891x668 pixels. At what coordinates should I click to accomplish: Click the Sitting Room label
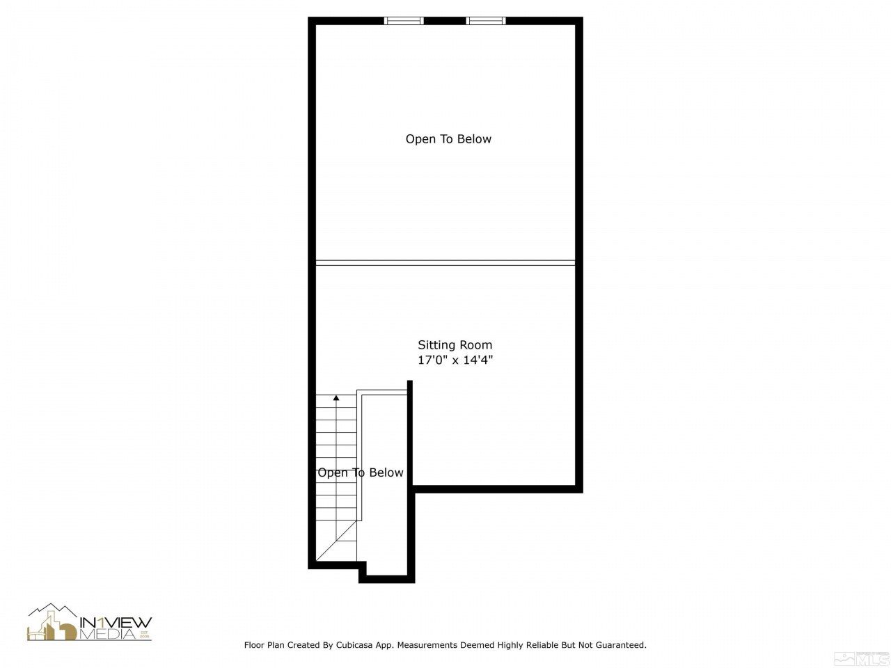coord(455,344)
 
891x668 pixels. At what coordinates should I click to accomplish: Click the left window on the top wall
coord(404,21)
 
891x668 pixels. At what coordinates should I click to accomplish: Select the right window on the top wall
coord(486,21)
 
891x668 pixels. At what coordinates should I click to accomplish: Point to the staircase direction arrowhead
coord(336,398)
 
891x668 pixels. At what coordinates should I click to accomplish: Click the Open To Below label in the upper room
coord(448,139)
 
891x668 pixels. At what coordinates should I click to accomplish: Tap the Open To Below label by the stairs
coord(361,473)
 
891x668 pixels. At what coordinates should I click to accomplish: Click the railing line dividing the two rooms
coord(445,262)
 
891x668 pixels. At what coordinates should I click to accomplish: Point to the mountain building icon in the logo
coord(52,622)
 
